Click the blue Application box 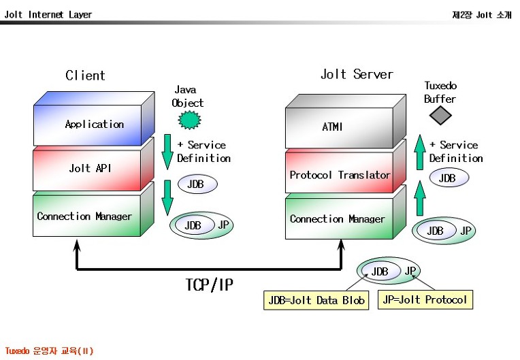pyautogui.click(x=94, y=118)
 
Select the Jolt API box pyautogui.click(x=93, y=165)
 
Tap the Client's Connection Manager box pyautogui.click(x=93, y=210)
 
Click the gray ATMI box pyautogui.click(x=346, y=122)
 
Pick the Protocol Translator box pyautogui.click(x=346, y=167)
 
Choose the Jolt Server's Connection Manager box pyautogui.click(x=346, y=213)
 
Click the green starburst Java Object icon pyautogui.click(x=190, y=120)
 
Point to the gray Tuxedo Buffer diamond pyautogui.click(x=440, y=116)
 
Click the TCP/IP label pyautogui.click(x=209, y=284)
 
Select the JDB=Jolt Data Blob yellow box pyautogui.click(x=316, y=300)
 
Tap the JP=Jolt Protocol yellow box pyautogui.click(x=425, y=299)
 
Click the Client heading pyautogui.click(x=85, y=76)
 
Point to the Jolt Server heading pyautogui.click(x=357, y=74)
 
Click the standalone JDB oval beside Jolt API pyautogui.click(x=197, y=184)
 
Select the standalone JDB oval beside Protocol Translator pyautogui.click(x=449, y=178)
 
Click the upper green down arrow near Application pyautogui.click(x=167, y=152)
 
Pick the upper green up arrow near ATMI pyautogui.click(x=420, y=152)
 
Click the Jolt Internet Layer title pyautogui.click(x=48, y=14)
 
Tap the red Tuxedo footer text pyautogui.click(x=49, y=350)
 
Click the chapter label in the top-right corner pyautogui.click(x=482, y=15)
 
